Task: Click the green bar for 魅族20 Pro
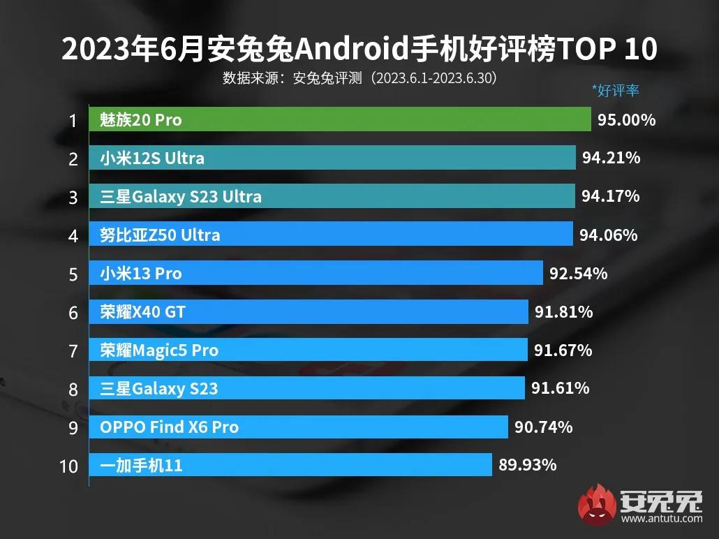(x=340, y=119)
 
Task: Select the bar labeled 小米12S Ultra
(x=332, y=158)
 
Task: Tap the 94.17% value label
(x=611, y=196)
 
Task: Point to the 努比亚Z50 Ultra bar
(x=331, y=235)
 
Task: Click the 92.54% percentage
(x=578, y=273)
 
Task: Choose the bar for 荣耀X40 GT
(x=309, y=311)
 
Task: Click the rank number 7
(x=73, y=350)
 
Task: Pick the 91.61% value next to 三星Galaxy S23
(x=560, y=387)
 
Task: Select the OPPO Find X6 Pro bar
(x=299, y=427)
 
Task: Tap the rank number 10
(x=69, y=465)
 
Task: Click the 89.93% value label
(x=528, y=464)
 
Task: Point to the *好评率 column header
(x=615, y=90)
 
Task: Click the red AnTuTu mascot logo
(x=596, y=504)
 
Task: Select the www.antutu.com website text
(x=661, y=519)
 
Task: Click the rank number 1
(x=73, y=120)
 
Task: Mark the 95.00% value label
(x=626, y=119)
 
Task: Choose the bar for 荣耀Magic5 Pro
(x=308, y=350)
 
